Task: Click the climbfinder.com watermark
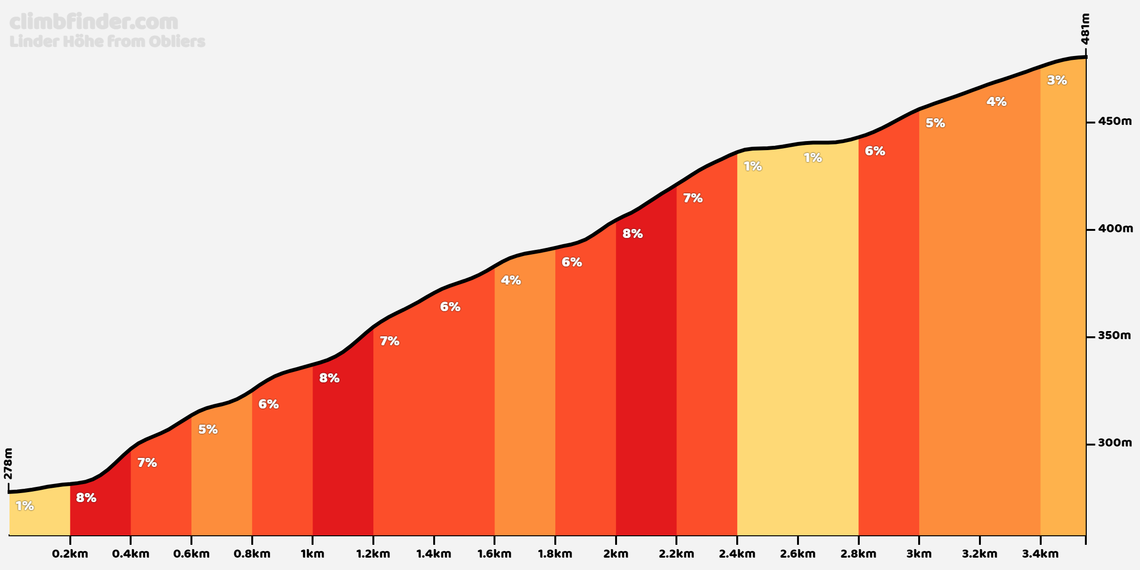[94, 22]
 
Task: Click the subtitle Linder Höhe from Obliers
[107, 41]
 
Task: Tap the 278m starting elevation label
[8, 464]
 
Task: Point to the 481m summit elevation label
[1085, 28]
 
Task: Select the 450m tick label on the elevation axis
[1115, 121]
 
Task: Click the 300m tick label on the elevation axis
[1115, 443]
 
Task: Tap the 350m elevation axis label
[1114, 335]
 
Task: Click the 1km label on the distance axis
[313, 553]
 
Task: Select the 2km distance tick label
[616, 553]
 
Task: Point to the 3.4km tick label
[1040, 553]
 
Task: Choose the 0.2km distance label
[70, 553]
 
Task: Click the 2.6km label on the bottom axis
[798, 553]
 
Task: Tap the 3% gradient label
[1057, 80]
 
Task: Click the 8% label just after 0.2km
[86, 498]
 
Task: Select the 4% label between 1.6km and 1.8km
[511, 280]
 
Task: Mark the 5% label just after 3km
[935, 123]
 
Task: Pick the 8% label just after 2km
[632, 234]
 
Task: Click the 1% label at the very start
[25, 506]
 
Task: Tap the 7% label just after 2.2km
[693, 198]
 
